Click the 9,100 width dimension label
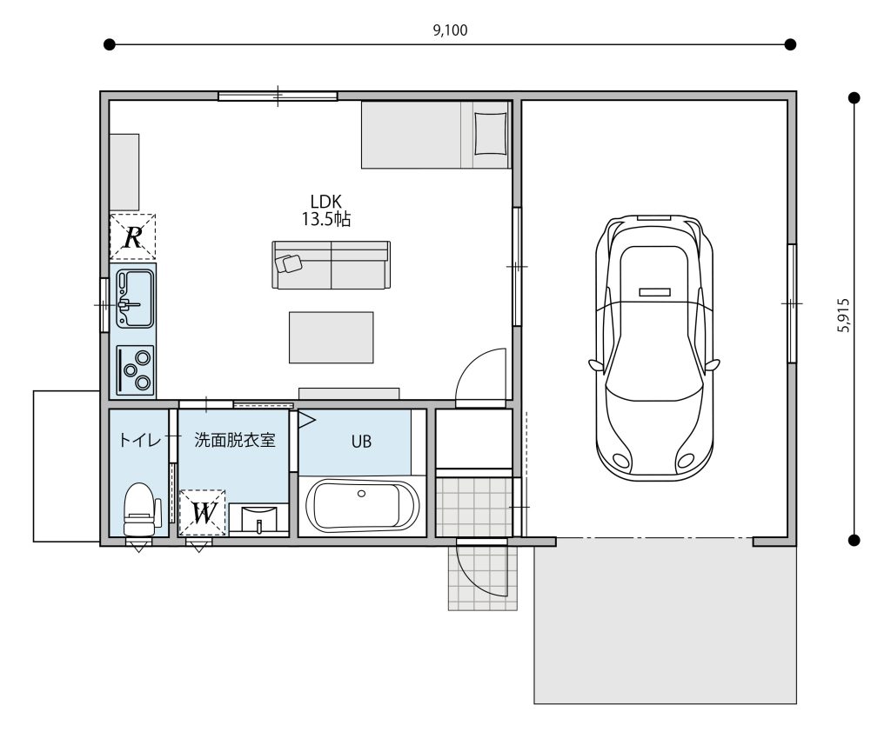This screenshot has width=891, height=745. tap(450, 30)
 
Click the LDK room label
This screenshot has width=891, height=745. tap(325, 201)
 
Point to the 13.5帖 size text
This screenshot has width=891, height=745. tap(325, 219)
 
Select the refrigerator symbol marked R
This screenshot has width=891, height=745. tap(132, 236)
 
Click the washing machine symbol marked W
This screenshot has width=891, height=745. tap(202, 513)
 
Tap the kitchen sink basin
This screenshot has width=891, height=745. tap(135, 299)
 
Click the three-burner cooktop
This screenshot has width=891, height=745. tap(135, 370)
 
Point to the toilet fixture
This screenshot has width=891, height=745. tap(140, 509)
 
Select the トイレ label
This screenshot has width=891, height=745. tap(140, 440)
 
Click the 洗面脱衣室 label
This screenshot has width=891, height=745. tap(235, 440)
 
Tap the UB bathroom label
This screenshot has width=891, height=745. tap(361, 442)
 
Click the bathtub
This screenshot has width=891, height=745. tap(363, 506)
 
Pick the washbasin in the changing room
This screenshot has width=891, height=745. tap(259, 518)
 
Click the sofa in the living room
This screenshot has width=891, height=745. tap(332, 264)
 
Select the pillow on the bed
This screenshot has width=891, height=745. tap(490, 133)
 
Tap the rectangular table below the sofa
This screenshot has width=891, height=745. tap(332, 337)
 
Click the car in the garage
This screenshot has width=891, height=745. tap(654, 348)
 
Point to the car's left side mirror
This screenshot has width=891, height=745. tap(595, 366)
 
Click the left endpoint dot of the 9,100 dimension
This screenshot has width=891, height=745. tap(110, 44)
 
